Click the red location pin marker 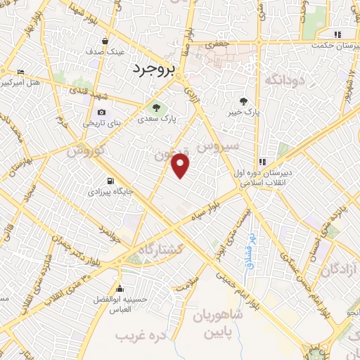click(x=181, y=166)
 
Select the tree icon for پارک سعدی click(x=157, y=108)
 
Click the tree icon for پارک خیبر click(x=243, y=101)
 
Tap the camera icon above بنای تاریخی click(x=102, y=112)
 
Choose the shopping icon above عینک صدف click(x=105, y=41)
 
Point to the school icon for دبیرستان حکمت click(x=337, y=34)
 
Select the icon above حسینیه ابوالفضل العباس click(x=120, y=289)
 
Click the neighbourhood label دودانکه click(x=284, y=79)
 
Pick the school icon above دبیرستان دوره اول click(x=263, y=160)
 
